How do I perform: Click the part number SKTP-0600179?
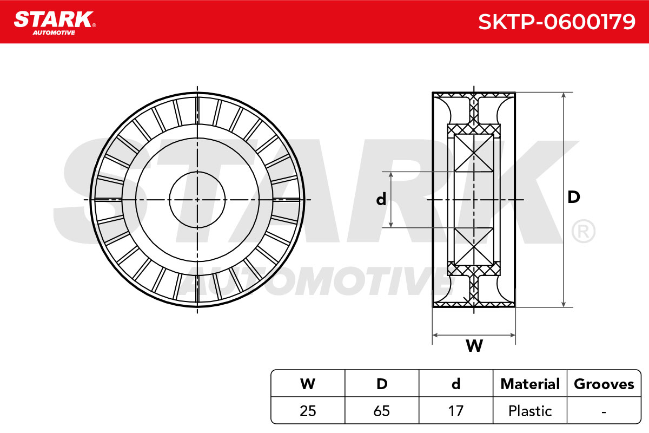pyautogui.click(x=557, y=22)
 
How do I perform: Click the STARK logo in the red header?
pyautogui.click(x=55, y=19)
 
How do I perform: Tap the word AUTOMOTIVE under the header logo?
pyautogui.click(x=54, y=32)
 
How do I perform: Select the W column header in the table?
pyautogui.click(x=308, y=384)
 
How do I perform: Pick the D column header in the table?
pyautogui.click(x=382, y=384)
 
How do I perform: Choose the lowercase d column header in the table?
pyautogui.click(x=456, y=384)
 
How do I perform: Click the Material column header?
pyautogui.click(x=530, y=384)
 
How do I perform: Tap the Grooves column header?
pyautogui.click(x=604, y=384)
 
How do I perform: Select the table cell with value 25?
pyautogui.click(x=308, y=411)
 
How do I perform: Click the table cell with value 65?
pyautogui.click(x=382, y=411)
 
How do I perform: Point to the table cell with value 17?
pyautogui.click(x=456, y=411)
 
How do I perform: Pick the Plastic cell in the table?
pyautogui.click(x=530, y=411)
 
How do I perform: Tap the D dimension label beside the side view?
pyautogui.click(x=574, y=197)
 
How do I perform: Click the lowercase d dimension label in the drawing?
pyautogui.click(x=381, y=199)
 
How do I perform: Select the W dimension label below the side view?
pyautogui.click(x=474, y=345)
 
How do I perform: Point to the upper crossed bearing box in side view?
pyautogui.click(x=474, y=153)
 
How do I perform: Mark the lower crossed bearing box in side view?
pyautogui.click(x=474, y=246)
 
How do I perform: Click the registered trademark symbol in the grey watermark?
pyautogui.click(x=583, y=231)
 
